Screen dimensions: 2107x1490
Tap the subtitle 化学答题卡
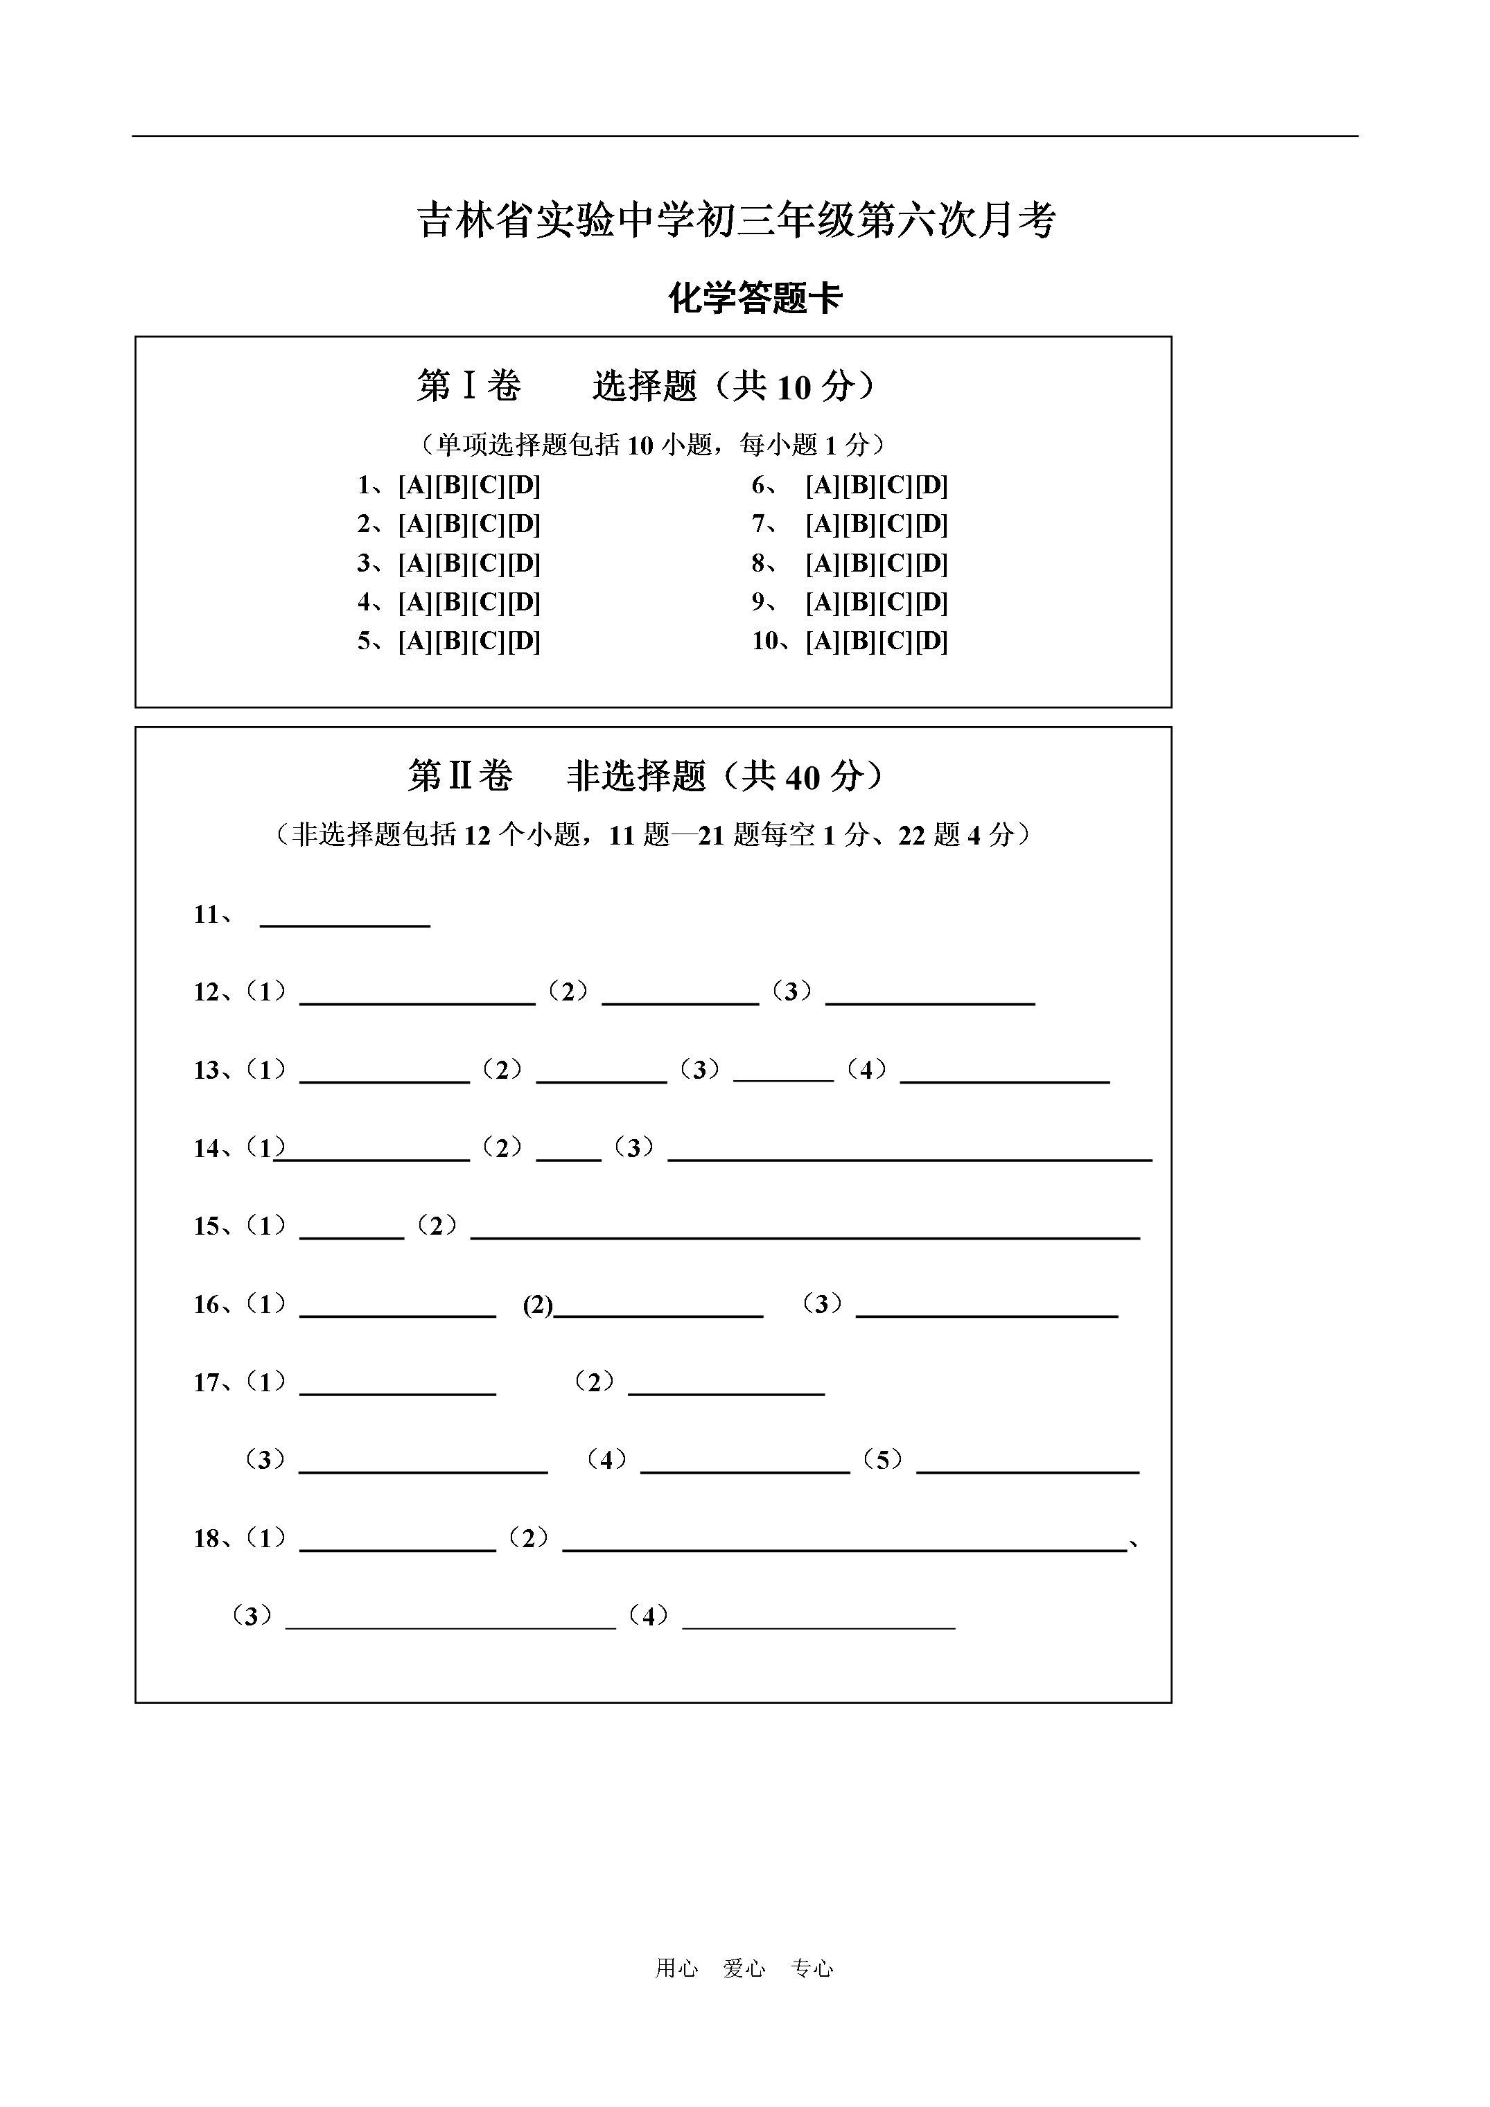point(755,298)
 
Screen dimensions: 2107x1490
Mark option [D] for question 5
point(524,642)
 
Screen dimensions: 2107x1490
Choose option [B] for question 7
point(859,525)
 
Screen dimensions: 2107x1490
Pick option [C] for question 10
point(895,642)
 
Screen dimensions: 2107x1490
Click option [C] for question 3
point(487,563)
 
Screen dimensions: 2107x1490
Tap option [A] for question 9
point(823,603)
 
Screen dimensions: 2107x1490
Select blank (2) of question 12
point(681,996)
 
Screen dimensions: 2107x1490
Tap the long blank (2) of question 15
point(805,1231)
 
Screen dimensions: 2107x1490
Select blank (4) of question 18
point(819,1621)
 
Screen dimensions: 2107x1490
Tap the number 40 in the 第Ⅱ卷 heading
point(803,778)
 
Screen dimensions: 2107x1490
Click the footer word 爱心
point(744,1968)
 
